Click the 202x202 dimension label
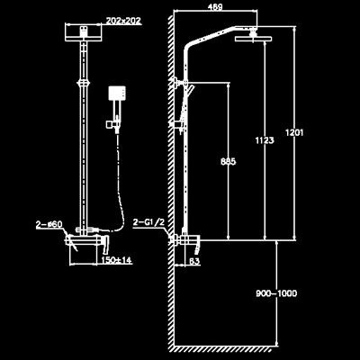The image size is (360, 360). click(x=123, y=21)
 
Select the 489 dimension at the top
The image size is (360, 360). click(x=215, y=6)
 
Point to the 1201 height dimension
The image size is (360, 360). click(x=294, y=132)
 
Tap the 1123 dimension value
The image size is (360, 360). click(x=265, y=140)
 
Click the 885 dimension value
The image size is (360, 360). click(x=229, y=161)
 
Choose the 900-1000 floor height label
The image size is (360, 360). click(x=276, y=293)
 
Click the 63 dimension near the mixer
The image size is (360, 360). click(x=194, y=261)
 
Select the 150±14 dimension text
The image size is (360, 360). click(x=116, y=260)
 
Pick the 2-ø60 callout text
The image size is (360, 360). click(x=49, y=224)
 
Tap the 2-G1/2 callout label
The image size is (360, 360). click(x=148, y=222)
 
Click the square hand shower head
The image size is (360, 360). click(x=116, y=94)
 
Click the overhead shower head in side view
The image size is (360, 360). click(x=253, y=39)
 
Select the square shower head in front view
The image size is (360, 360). click(x=84, y=32)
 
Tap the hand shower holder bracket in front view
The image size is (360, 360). click(x=112, y=124)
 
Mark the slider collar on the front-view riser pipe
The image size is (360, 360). click(x=84, y=83)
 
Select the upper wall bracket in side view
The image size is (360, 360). click(x=179, y=83)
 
